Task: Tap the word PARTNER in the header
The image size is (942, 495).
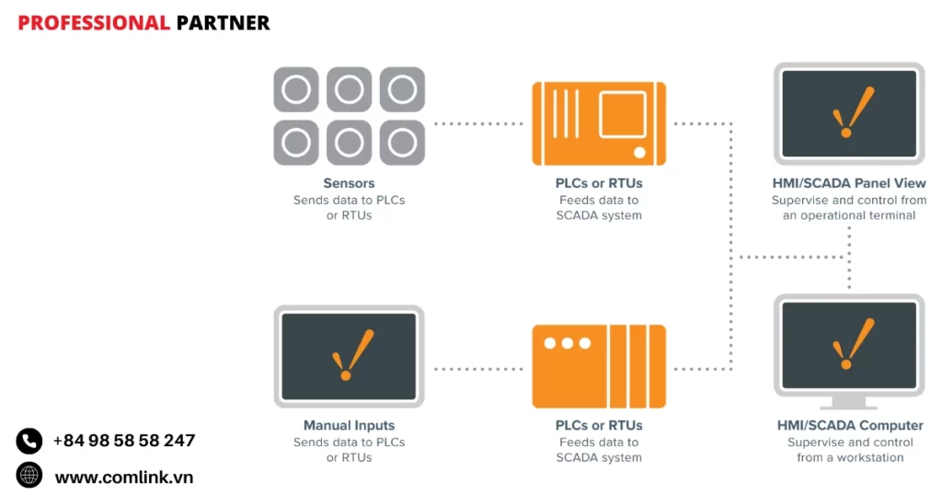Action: coord(223,23)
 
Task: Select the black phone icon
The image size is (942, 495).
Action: coord(29,442)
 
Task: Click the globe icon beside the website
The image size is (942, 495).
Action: coord(29,476)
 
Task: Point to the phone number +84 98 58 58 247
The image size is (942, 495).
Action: coord(124,441)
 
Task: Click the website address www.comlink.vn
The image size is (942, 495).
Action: coord(124,477)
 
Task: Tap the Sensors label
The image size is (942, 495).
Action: coord(349,183)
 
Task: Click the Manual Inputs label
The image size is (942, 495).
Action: coord(349,425)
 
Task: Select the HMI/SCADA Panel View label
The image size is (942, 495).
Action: coord(849,183)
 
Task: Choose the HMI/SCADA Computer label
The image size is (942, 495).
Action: coord(849,425)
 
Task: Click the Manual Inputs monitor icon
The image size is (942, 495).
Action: coord(349,356)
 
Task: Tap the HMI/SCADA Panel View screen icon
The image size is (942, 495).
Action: coord(848,113)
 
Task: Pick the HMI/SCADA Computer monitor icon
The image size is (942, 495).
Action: coord(848,345)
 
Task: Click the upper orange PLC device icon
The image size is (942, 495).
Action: coord(599,123)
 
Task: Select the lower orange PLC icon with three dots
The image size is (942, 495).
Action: coord(599,365)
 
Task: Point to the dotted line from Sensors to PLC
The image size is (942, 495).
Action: coord(477,123)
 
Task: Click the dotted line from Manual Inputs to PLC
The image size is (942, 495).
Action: coord(477,369)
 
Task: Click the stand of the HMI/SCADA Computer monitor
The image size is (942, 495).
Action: coord(848,402)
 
